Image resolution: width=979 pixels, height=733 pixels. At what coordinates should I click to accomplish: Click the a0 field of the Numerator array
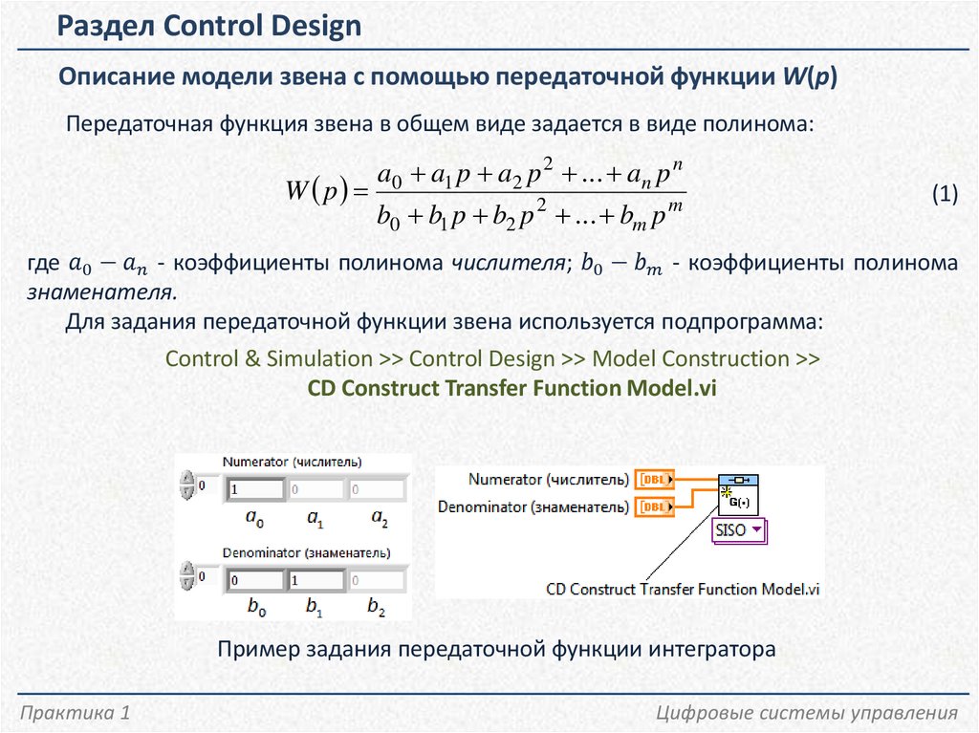point(255,490)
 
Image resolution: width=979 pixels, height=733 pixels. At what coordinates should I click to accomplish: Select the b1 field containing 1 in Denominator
point(315,580)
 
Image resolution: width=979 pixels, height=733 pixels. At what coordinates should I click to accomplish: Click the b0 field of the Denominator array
point(255,580)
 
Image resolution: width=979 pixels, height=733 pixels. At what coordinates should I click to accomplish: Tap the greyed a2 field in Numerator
point(377,490)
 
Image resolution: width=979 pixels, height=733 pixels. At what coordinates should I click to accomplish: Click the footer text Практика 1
point(76,713)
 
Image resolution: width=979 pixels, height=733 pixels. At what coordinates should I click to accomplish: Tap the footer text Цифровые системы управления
point(807,713)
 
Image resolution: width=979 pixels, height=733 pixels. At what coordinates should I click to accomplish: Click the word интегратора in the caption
point(708,650)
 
